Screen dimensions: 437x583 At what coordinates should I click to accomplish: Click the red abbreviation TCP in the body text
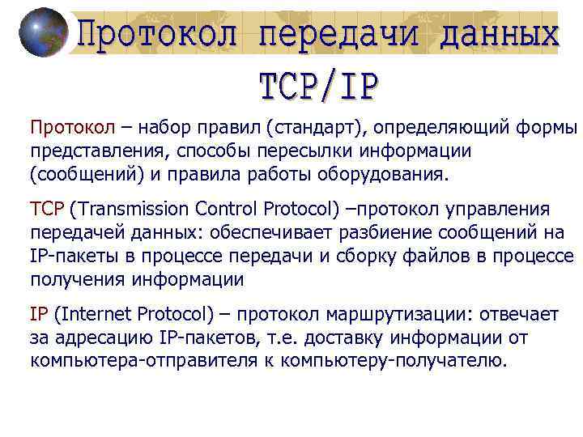[47, 210]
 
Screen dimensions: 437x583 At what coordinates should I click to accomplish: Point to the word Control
[228, 210]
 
